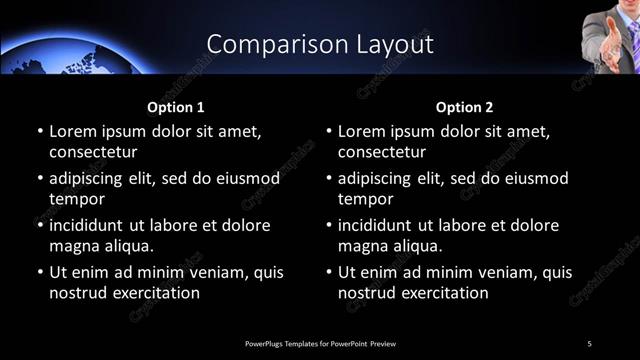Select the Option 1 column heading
pos(176,107)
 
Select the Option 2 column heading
pos(465,107)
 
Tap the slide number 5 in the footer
pos(589,344)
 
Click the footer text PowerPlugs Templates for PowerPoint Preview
pos(320,344)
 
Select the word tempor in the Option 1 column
pos(75,199)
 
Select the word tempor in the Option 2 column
pos(364,199)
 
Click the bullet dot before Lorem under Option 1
pos(39,132)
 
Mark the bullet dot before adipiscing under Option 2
pos(328,179)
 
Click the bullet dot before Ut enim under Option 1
pos(39,272)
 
